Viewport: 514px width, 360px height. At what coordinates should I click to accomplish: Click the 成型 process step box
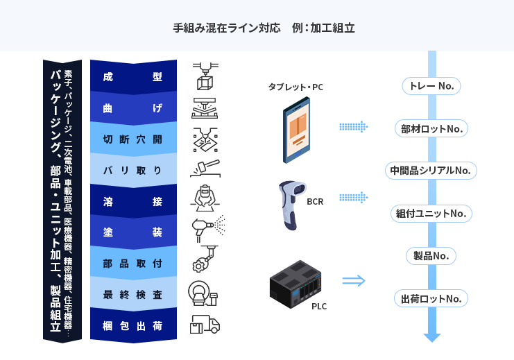click(x=132, y=77)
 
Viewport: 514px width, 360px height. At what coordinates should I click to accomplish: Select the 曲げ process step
click(x=132, y=108)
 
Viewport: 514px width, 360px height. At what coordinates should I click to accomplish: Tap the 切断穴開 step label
click(x=132, y=139)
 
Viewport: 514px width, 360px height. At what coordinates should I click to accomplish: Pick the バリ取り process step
click(x=132, y=170)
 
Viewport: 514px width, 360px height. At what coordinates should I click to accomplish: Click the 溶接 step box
click(x=132, y=201)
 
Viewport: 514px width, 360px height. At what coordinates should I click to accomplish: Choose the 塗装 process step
click(x=132, y=232)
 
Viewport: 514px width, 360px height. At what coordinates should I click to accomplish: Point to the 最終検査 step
click(x=132, y=294)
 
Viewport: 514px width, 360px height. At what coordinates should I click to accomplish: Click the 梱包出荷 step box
click(x=132, y=325)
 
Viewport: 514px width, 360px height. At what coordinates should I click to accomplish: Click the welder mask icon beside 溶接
click(x=205, y=198)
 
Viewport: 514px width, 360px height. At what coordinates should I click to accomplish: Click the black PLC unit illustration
click(x=298, y=283)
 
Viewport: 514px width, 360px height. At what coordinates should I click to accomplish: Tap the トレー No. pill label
click(x=431, y=86)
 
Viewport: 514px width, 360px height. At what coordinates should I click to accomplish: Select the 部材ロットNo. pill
click(x=431, y=128)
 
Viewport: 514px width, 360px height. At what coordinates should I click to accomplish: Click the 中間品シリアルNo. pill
click(x=431, y=170)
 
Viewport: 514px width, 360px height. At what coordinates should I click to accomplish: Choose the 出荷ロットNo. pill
click(x=431, y=299)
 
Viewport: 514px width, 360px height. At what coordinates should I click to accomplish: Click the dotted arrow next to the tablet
click(x=353, y=127)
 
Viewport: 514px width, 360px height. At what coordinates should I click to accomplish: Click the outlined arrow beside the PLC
click(x=353, y=281)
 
